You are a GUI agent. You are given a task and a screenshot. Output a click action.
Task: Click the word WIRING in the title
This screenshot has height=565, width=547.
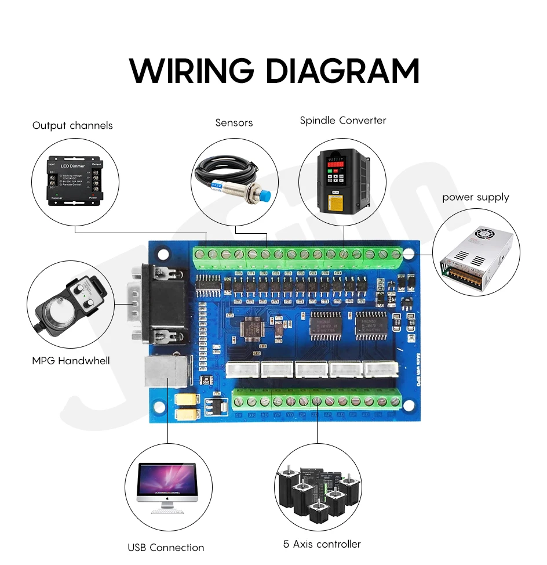pyautogui.click(x=192, y=71)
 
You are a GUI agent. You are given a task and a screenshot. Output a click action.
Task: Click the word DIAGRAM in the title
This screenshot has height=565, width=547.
pyautogui.click(x=342, y=71)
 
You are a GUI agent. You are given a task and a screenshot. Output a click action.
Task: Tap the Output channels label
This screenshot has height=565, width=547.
pyautogui.click(x=72, y=125)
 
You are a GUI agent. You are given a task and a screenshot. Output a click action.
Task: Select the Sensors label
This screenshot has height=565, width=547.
pyautogui.click(x=234, y=122)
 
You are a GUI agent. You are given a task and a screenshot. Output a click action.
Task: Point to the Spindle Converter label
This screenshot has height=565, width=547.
pyautogui.click(x=342, y=121)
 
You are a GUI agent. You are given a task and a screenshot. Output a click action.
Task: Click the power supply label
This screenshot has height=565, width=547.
pyautogui.click(x=475, y=197)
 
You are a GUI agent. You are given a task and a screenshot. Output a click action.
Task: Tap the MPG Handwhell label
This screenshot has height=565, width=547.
pyautogui.click(x=71, y=361)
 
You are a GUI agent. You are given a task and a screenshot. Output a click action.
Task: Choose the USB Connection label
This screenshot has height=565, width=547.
pyautogui.click(x=166, y=547)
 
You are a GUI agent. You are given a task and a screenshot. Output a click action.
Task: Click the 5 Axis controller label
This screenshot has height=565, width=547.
pyautogui.click(x=322, y=544)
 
